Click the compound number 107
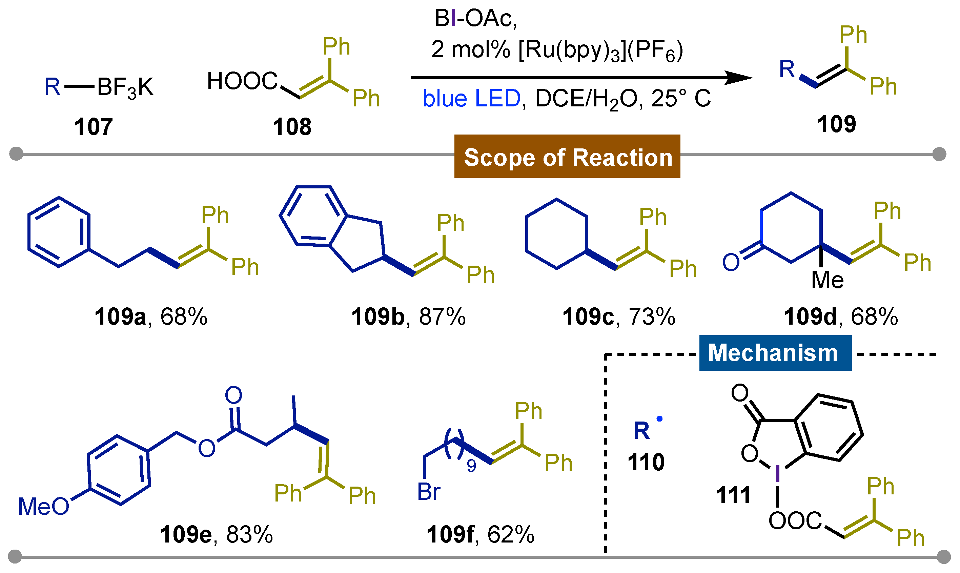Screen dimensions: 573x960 [x=93, y=127]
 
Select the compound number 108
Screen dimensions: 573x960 [x=292, y=127]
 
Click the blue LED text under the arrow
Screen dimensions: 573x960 [x=471, y=99]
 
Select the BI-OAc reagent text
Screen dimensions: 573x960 [x=475, y=18]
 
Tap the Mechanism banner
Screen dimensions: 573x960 [x=775, y=352]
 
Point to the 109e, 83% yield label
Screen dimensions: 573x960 [x=216, y=534]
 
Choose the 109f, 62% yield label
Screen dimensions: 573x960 [x=480, y=534]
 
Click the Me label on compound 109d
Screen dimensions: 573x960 [x=827, y=280]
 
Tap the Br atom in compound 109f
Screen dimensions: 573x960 [x=428, y=492]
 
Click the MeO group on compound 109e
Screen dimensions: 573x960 [x=43, y=506]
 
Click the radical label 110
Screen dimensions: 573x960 [x=646, y=462]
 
